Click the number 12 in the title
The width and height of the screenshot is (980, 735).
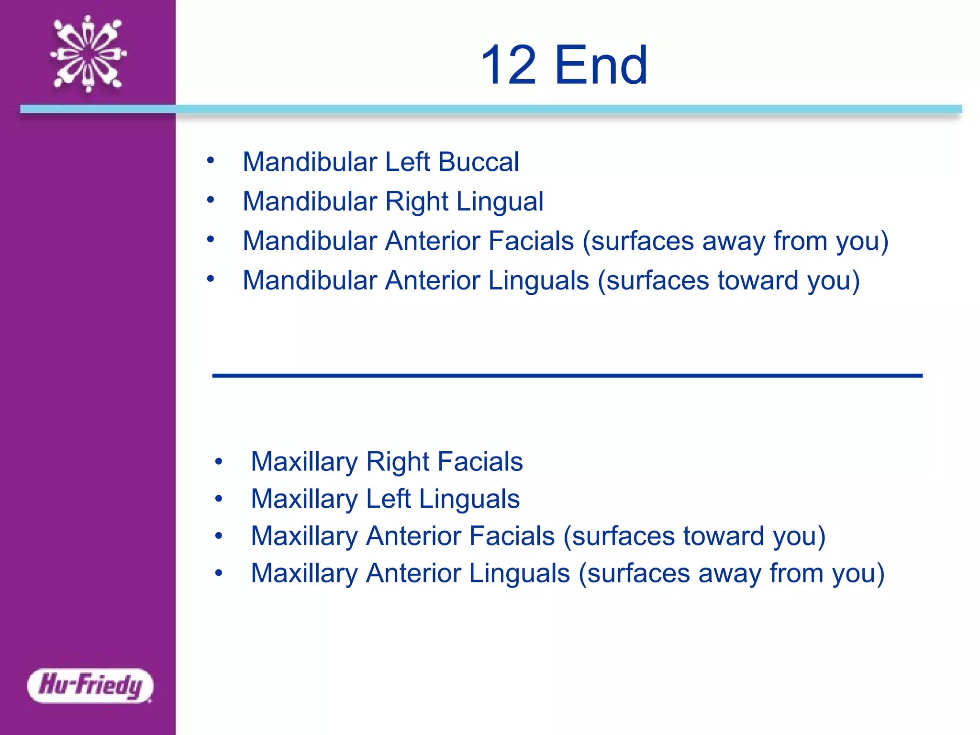point(508,65)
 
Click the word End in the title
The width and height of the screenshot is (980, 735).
point(601,65)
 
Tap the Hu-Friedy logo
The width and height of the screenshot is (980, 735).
point(90,685)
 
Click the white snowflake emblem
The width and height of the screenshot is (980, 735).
point(89,54)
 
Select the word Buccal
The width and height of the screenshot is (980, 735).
point(478,162)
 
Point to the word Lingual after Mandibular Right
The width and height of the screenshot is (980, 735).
point(500,201)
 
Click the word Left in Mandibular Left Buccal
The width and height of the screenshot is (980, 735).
point(407,162)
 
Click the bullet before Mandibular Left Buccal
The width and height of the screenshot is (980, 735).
point(211,161)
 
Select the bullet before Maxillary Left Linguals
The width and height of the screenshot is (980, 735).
point(219,499)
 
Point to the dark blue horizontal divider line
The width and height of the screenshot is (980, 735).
point(567,376)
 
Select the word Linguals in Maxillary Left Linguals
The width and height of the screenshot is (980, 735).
point(469,499)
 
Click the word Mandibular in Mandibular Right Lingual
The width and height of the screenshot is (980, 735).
point(310,201)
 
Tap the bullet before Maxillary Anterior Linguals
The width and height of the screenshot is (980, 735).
point(219,573)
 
